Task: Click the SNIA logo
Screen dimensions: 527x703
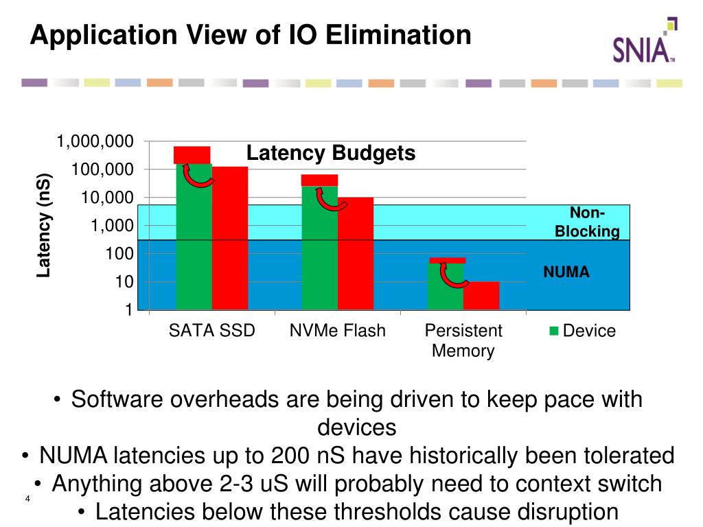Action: [x=644, y=43]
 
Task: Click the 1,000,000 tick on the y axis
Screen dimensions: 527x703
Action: [x=95, y=141]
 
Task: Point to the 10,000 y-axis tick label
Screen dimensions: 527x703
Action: [x=105, y=198]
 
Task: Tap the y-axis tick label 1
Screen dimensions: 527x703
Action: [x=128, y=310]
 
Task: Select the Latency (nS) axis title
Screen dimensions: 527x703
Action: [x=44, y=225]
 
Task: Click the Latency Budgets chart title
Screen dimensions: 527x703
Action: [x=331, y=153]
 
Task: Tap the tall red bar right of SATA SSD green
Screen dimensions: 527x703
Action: [x=230, y=237]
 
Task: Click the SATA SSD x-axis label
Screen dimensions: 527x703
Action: [x=212, y=331]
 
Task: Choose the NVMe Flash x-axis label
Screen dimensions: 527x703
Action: [x=338, y=331]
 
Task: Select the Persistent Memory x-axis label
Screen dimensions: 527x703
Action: [x=463, y=340]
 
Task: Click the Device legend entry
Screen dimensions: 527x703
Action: [x=583, y=331]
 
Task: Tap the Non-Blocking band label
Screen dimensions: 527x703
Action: [x=587, y=222]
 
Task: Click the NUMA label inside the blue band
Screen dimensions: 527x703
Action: [x=566, y=272]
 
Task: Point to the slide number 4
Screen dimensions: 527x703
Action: [x=27, y=498]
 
